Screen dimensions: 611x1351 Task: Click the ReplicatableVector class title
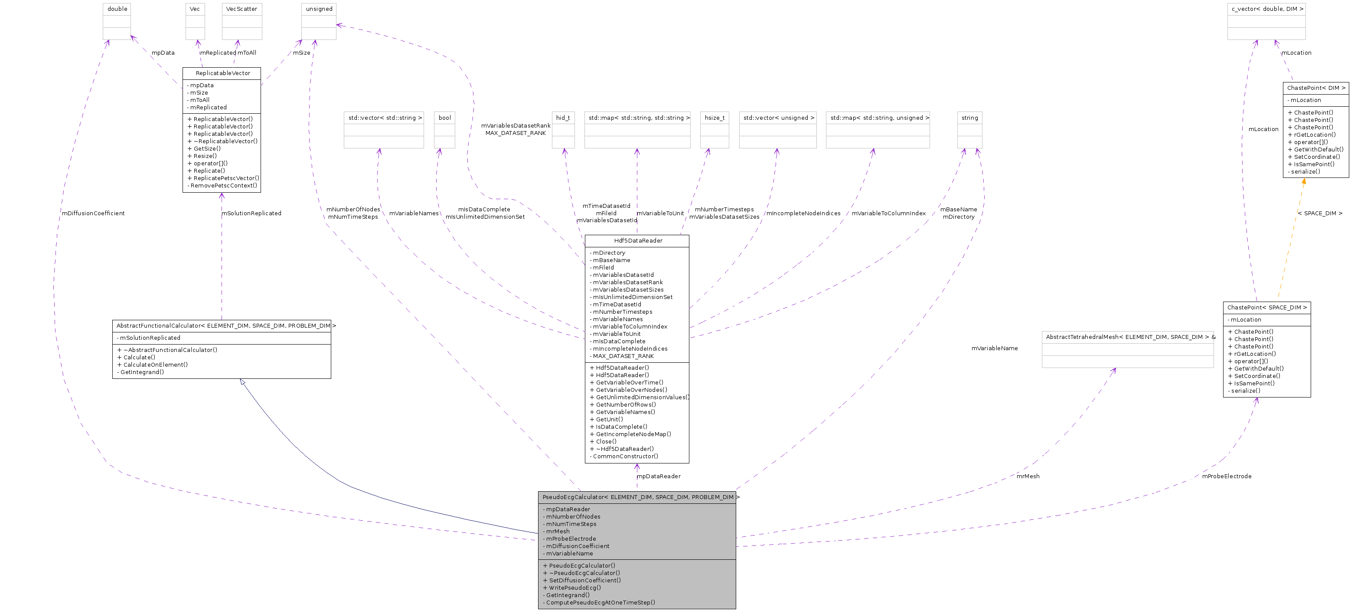click(222, 73)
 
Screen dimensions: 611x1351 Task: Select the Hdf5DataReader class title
click(638, 240)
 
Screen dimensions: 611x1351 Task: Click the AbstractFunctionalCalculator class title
click(223, 325)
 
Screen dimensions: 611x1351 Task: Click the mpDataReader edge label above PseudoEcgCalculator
click(658, 476)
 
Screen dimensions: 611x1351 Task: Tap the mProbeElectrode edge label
click(1226, 476)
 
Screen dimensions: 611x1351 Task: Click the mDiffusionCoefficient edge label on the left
click(93, 213)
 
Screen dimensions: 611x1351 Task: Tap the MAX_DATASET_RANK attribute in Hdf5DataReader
click(623, 356)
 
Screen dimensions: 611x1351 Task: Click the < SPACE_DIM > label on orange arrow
click(1319, 213)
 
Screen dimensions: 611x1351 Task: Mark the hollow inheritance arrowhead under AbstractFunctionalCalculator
click(242, 381)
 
